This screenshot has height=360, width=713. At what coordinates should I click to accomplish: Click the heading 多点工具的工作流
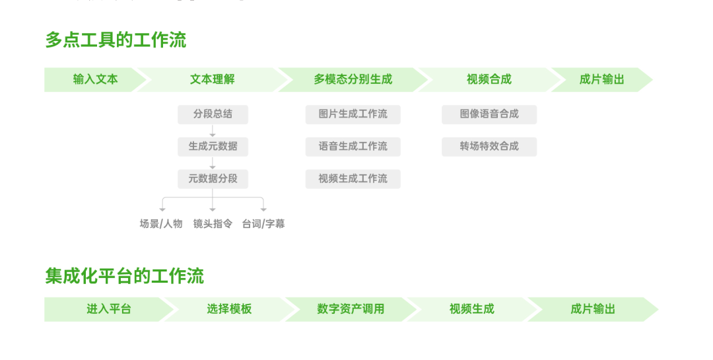116,40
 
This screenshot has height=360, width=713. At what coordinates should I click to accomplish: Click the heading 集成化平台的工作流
124,276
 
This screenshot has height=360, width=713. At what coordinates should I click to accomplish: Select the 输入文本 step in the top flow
95,80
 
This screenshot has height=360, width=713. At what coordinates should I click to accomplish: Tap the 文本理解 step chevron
213,80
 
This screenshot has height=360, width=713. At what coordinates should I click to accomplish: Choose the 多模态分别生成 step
353,80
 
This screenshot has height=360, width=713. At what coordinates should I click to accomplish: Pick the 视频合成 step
489,80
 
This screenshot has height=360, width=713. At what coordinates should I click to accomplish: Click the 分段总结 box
213,114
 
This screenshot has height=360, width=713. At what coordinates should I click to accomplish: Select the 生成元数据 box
213,147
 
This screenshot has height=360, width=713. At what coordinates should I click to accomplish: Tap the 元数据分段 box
213,179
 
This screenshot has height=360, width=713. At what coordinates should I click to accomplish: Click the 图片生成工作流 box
353,114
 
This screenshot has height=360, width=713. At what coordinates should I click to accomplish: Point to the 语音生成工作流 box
353,147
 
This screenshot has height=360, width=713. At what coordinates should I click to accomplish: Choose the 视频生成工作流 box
353,179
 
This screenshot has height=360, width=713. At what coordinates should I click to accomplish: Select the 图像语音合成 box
489,114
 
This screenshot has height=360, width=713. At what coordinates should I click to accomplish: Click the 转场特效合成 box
489,147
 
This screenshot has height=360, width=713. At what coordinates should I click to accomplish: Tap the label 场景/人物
161,224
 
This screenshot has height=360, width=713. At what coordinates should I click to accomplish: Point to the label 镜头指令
213,224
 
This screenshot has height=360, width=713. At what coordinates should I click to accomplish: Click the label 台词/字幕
263,224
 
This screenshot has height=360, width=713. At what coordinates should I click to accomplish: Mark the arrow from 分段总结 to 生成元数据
213,131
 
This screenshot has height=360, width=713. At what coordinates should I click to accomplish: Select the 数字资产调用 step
351,310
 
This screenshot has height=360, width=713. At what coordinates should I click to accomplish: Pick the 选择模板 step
229,310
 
